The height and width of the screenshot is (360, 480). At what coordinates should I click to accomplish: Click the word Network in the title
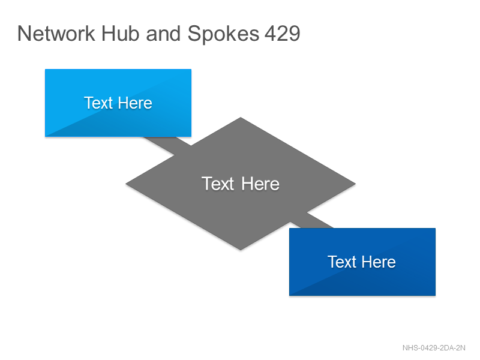[56, 34]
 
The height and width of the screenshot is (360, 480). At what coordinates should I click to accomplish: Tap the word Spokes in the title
[223, 34]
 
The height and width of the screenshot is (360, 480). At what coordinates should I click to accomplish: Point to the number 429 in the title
[282, 34]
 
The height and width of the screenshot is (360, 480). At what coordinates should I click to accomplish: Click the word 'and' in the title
[163, 34]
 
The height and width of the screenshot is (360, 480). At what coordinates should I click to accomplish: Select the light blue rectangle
[118, 103]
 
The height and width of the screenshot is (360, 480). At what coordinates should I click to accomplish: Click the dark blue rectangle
[362, 262]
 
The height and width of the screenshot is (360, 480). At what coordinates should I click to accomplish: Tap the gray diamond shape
[241, 184]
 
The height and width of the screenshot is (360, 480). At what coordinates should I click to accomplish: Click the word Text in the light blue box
[98, 103]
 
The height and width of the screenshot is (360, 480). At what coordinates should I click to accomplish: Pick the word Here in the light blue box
[135, 103]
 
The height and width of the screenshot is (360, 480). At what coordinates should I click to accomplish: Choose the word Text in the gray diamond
[218, 184]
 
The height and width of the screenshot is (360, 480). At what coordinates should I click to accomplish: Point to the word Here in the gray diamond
[260, 184]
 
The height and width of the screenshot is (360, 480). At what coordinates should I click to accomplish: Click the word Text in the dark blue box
[342, 262]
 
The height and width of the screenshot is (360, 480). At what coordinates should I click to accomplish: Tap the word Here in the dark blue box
[379, 262]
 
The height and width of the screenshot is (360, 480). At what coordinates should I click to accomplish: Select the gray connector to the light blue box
[167, 146]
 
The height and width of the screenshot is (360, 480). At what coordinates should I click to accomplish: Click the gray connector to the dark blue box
[311, 220]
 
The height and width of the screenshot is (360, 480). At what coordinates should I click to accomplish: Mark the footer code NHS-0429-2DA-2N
[434, 348]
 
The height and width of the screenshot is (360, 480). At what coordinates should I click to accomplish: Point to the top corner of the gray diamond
[241, 118]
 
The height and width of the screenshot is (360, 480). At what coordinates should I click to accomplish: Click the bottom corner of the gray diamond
[241, 250]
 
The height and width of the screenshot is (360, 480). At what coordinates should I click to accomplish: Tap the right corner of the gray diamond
[355, 184]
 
